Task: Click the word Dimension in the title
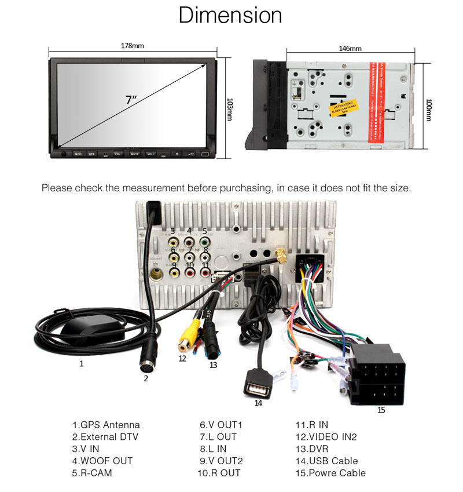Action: tap(230, 16)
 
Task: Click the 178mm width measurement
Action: tap(133, 45)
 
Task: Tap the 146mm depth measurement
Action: tap(350, 49)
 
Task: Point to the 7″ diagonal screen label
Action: tap(131, 99)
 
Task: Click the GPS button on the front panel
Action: tap(91, 154)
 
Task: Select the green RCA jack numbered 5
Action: tap(204, 243)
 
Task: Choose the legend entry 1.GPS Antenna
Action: tap(106, 425)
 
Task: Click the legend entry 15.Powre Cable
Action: tap(330, 473)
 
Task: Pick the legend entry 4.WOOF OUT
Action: tap(102, 461)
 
